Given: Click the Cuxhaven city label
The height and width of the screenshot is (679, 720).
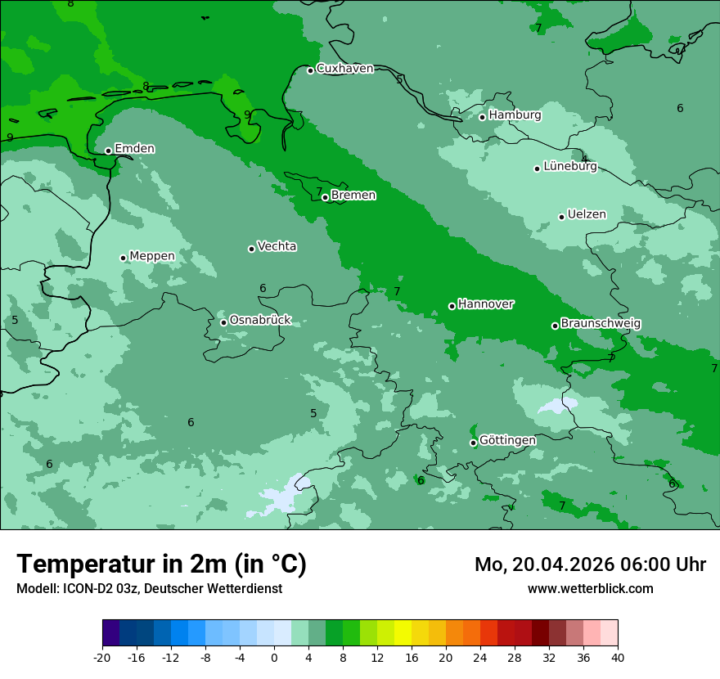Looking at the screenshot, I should tap(344, 69).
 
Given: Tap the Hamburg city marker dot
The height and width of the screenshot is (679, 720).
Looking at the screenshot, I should tap(483, 117).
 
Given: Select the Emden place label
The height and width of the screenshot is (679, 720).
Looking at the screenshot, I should tap(134, 149).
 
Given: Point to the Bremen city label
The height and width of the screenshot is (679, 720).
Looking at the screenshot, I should tap(353, 196).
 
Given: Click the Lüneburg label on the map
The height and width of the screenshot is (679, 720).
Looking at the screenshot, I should tap(570, 167).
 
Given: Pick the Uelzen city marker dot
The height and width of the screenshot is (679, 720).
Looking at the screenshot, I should tap(562, 217).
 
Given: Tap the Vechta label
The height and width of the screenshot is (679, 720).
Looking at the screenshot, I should tap(277, 246).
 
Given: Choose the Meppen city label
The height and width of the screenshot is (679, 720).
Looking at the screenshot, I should tap(152, 256).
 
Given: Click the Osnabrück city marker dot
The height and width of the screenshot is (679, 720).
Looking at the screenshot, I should tap(223, 322).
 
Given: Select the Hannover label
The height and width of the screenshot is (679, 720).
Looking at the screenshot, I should tap(486, 304).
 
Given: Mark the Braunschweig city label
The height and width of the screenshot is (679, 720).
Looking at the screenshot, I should tap(601, 324).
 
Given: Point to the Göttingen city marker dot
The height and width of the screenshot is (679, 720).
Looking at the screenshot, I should tap(474, 443).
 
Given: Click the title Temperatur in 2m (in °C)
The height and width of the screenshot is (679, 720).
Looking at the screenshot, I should tap(161, 564).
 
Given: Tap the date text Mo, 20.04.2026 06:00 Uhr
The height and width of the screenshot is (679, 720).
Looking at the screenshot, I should tap(590, 564).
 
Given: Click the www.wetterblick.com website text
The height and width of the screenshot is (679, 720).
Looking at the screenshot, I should tap(590, 589).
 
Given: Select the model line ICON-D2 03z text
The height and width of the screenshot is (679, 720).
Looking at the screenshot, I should tap(149, 589).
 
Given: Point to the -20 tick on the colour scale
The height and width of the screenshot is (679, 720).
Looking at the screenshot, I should tap(102, 657).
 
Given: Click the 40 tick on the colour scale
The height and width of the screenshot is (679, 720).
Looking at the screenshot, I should tap(618, 657).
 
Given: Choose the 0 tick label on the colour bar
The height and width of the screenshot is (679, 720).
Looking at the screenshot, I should tap(274, 657).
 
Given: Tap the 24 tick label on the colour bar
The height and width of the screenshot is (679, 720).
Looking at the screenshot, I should tap(480, 657).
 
